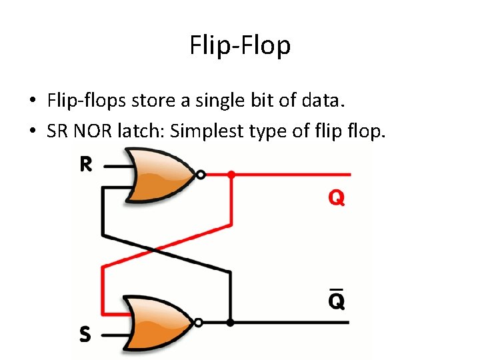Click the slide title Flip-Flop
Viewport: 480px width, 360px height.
coord(240,46)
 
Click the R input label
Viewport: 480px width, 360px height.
coord(86,165)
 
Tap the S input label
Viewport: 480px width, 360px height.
coord(85,334)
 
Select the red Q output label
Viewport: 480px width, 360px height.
coord(335,198)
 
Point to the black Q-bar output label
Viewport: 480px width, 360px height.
coord(336,301)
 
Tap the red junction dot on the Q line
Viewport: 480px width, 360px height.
coord(231,175)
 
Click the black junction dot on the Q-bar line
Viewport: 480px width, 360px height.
coord(230,323)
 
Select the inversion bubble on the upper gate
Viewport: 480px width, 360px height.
coord(200,175)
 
